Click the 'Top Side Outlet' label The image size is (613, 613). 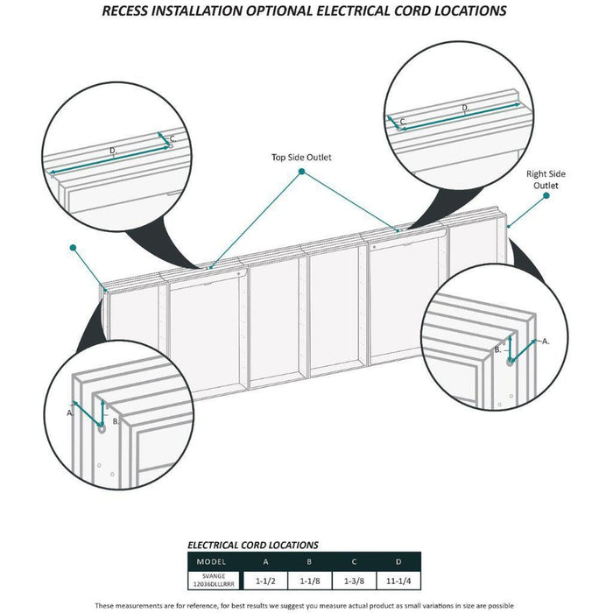point(301,157)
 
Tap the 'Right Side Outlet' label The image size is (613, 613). point(546,180)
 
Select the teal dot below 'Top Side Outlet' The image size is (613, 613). point(301,172)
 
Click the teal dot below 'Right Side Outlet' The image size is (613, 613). point(546,195)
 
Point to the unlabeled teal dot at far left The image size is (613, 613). point(73,248)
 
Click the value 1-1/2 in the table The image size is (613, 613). point(265,581)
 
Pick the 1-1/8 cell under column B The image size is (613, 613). point(310,581)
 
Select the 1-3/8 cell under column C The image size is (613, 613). point(354,581)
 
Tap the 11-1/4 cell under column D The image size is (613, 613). point(398,581)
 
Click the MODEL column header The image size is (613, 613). point(211,562)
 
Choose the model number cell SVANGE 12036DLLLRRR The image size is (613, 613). point(214,580)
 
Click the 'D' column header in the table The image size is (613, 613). point(398,562)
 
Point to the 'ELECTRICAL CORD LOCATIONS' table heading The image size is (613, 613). point(253,545)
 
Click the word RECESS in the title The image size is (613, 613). point(125,11)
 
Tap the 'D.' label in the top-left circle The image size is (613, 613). point(113,151)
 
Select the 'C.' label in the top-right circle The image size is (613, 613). point(403,122)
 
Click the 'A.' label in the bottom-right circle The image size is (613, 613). point(546,342)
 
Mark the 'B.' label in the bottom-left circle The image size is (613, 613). point(116,421)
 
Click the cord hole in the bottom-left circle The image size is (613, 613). point(102,428)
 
